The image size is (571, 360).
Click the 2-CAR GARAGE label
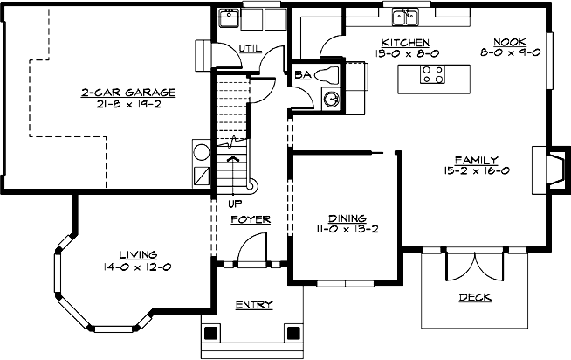[129, 91]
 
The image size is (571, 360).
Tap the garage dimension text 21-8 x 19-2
[129, 103]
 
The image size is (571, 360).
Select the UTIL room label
[251, 48]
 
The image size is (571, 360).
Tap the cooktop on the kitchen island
[431, 77]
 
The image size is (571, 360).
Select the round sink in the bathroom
[332, 100]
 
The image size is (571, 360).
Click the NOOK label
[510, 41]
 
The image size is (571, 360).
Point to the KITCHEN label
[405, 41]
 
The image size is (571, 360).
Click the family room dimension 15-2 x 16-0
[476, 172]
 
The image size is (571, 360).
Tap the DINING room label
[347, 218]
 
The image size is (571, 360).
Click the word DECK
[474, 297]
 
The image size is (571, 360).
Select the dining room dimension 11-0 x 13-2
[347, 230]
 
